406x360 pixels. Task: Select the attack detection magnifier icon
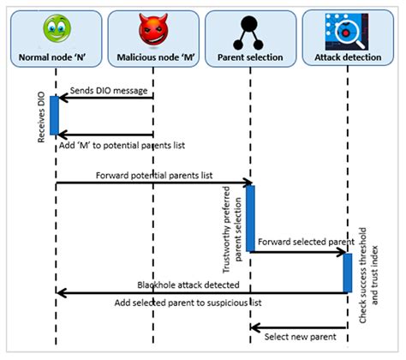tap(347, 33)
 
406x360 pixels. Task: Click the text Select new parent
tap(300, 335)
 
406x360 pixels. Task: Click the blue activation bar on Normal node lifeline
tap(54, 115)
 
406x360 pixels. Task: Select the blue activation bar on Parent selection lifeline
tap(250, 218)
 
